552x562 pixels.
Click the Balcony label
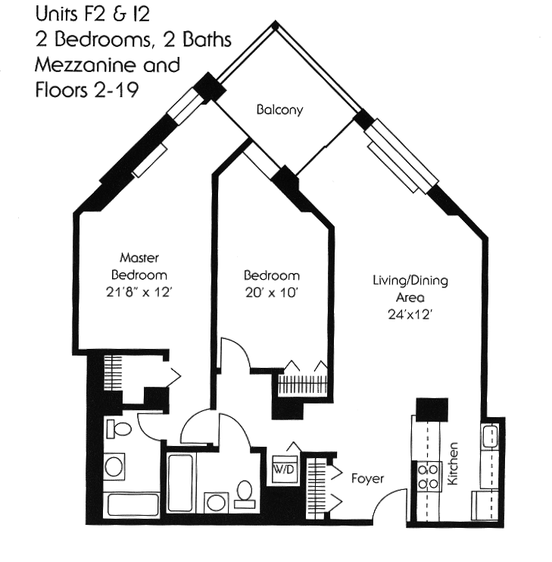pos(279,110)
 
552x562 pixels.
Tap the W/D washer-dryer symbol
pos(285,469)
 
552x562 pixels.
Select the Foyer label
pos(367,479)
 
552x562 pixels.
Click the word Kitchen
pos(453,463)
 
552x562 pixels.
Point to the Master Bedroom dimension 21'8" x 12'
pos(139,293)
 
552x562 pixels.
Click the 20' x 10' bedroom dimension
pos(272,293)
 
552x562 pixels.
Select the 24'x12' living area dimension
pos(410,315)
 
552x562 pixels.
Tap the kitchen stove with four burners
pos(429,476)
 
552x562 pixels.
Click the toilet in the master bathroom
pos(119,429)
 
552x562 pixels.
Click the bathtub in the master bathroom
pos(133,505)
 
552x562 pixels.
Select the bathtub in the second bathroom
pos(180,483)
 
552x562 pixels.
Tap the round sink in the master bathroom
pos(114,466)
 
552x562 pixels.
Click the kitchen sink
pos(490,435)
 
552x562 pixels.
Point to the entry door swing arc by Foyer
pos(385,498)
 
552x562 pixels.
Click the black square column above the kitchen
pos(432,410)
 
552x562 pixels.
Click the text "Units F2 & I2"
pos(92,14)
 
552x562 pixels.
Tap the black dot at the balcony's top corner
pos(275,25)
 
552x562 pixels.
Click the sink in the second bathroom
pos(216,503)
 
